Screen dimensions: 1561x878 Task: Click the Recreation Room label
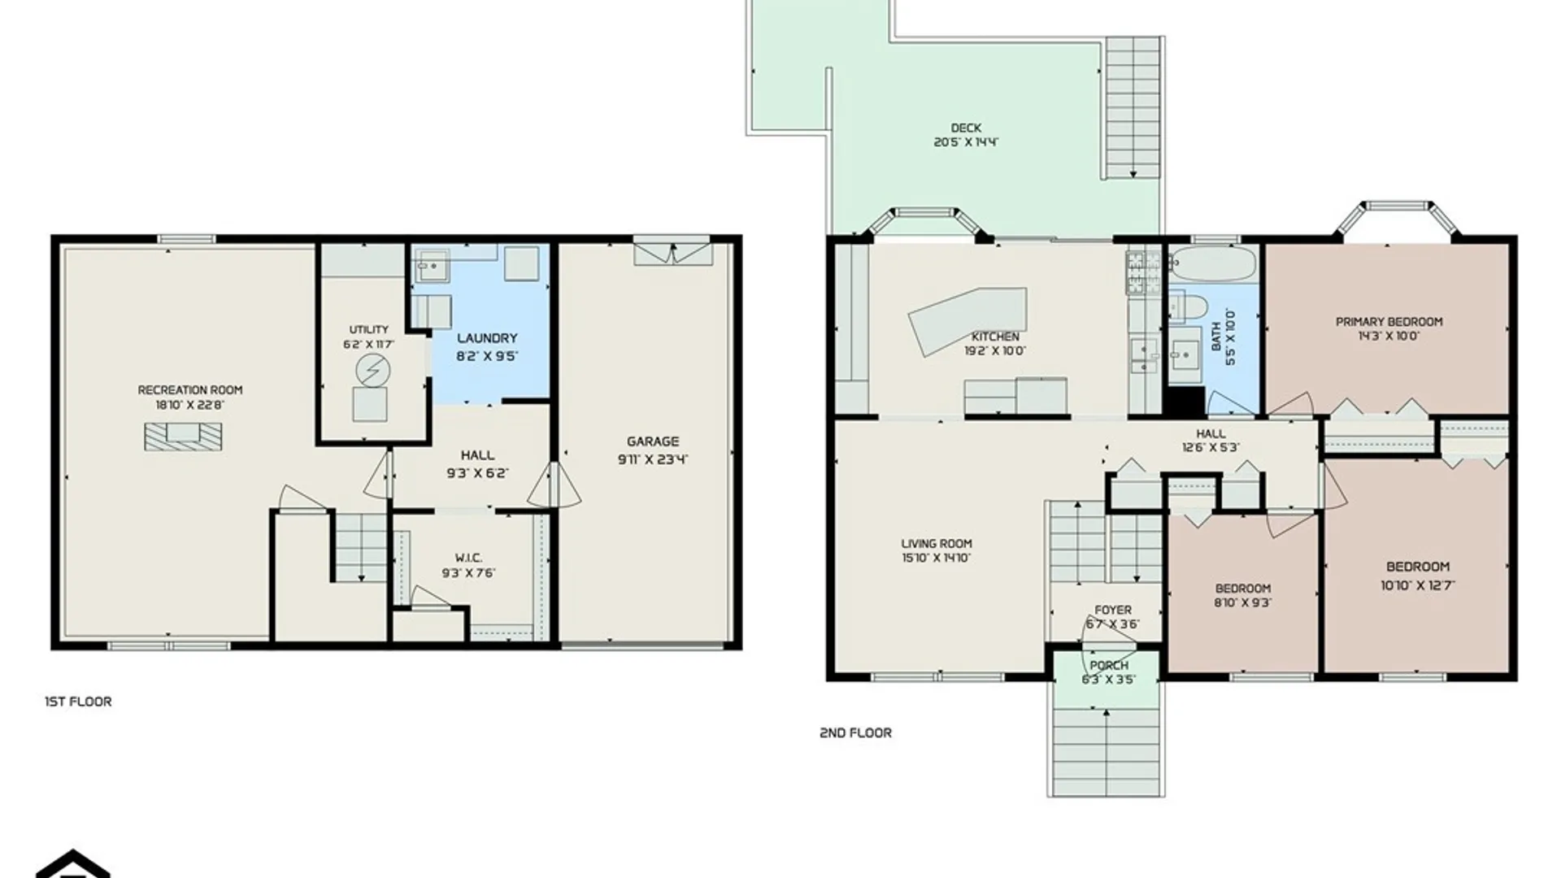coord(189,390)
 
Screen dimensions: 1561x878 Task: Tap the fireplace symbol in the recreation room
coord(183,437)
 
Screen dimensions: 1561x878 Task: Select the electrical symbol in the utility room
coord(372,372)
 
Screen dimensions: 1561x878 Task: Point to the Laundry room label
coord(487,338)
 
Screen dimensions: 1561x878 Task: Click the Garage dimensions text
coord(653,459)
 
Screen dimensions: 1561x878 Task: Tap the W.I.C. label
coord(468,558)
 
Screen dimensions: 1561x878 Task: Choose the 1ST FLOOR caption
coord(78,702)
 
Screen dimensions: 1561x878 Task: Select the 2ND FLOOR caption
coord(855,732)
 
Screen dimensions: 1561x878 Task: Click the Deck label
coord(966,128)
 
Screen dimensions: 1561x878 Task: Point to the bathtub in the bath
coord(1212,265)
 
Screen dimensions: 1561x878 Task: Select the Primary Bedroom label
coord(1389,322)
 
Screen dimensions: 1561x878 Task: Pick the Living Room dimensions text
coord(936,559)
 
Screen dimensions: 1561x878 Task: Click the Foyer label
coord(1112,610)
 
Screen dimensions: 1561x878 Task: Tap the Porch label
coord(1109,665)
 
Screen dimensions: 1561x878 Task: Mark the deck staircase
coord(1133,107)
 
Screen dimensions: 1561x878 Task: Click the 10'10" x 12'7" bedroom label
coord(1417,567)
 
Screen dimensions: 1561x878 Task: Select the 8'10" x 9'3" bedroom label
coord(1242,589)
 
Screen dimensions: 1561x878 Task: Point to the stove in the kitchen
coord(1144,272)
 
